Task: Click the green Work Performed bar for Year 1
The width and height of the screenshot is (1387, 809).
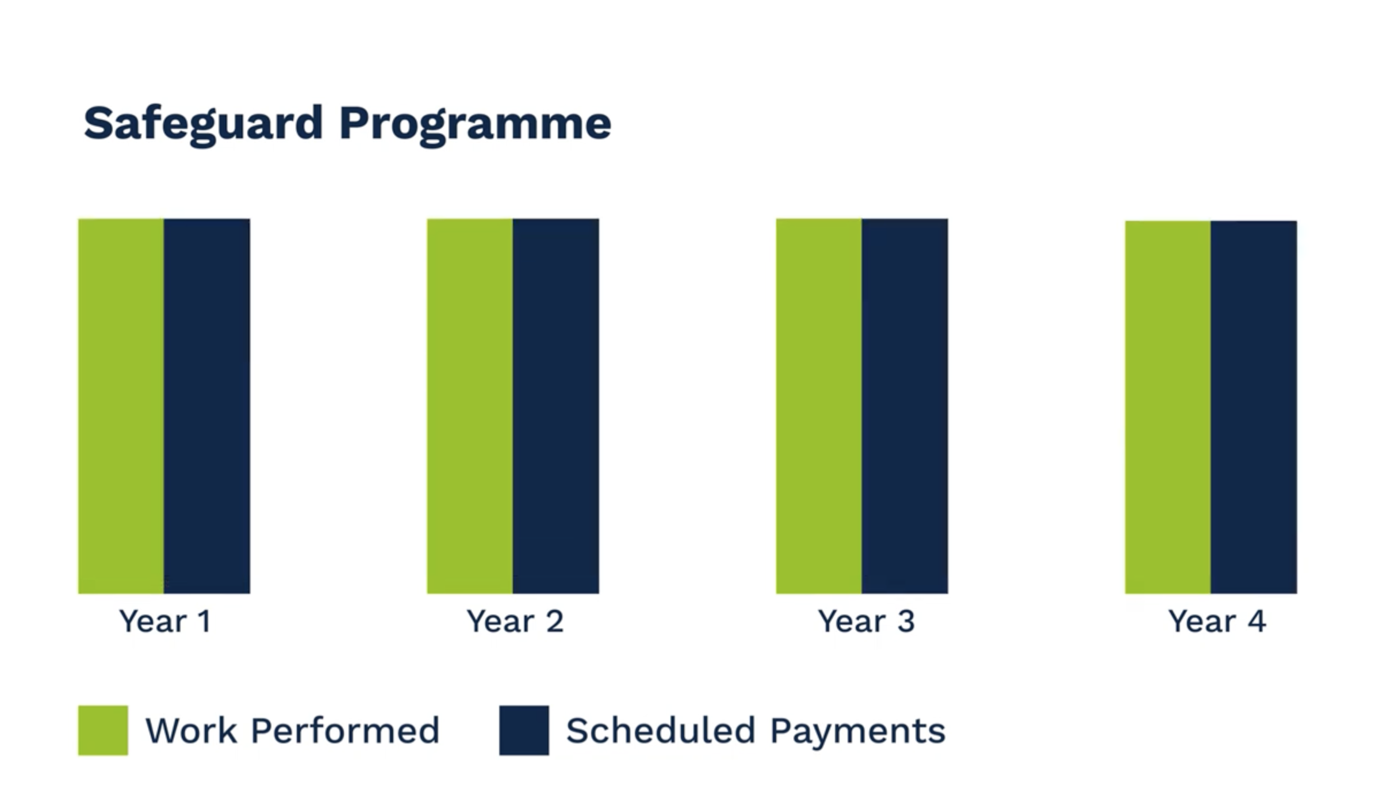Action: pos(121,406)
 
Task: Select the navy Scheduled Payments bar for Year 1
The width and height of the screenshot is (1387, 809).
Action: pos(207,406)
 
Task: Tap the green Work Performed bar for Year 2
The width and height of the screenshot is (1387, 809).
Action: pos(470,406)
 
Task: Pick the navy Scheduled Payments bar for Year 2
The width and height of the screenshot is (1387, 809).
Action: pos(556,406)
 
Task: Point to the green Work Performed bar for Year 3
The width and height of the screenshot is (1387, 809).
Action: pos(819,406)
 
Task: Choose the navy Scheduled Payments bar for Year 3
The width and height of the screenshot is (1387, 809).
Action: pos(905,406)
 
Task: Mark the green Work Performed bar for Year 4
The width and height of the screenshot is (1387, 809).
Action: pos(1168,407)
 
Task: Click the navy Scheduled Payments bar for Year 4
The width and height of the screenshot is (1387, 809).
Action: pos(1254,407)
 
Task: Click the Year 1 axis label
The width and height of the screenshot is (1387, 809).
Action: pos(165,621)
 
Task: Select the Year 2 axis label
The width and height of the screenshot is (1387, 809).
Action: pos(515,621)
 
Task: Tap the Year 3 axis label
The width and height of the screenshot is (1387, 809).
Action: pos(866,621)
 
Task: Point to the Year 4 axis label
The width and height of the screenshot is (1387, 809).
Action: pos(1217,621)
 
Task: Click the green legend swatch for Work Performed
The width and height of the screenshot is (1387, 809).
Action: pos(103,730)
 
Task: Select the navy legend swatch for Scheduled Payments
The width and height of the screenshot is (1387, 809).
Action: pos(524,730)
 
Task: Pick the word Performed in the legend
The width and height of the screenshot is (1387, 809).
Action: pos(345,731)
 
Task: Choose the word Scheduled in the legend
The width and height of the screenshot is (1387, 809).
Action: pos(661,731)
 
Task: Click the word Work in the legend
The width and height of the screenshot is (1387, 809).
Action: pos(191,731)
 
